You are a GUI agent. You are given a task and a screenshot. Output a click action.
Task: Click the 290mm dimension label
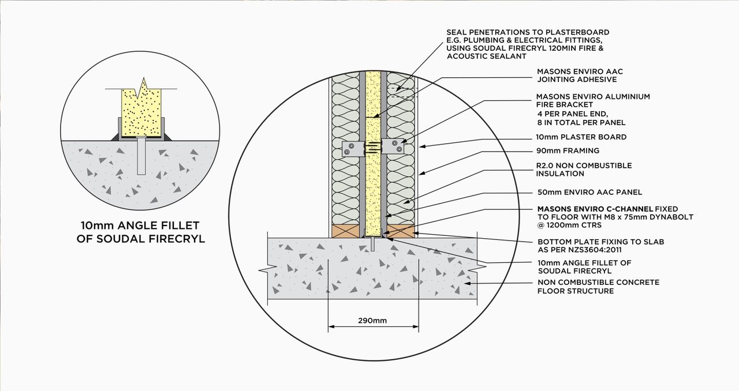pos(372,320)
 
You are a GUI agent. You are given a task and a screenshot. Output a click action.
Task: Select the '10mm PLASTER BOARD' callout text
pos(581,137)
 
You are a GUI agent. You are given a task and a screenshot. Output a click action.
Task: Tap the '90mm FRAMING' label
pos(568,151)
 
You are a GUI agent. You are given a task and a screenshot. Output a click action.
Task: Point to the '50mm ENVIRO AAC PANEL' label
pos(589,192)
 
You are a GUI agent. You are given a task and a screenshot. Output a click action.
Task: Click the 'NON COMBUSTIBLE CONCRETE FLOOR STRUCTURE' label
pos(598,287)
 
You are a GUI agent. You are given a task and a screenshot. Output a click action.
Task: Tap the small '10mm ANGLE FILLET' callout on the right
pos(584,266)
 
